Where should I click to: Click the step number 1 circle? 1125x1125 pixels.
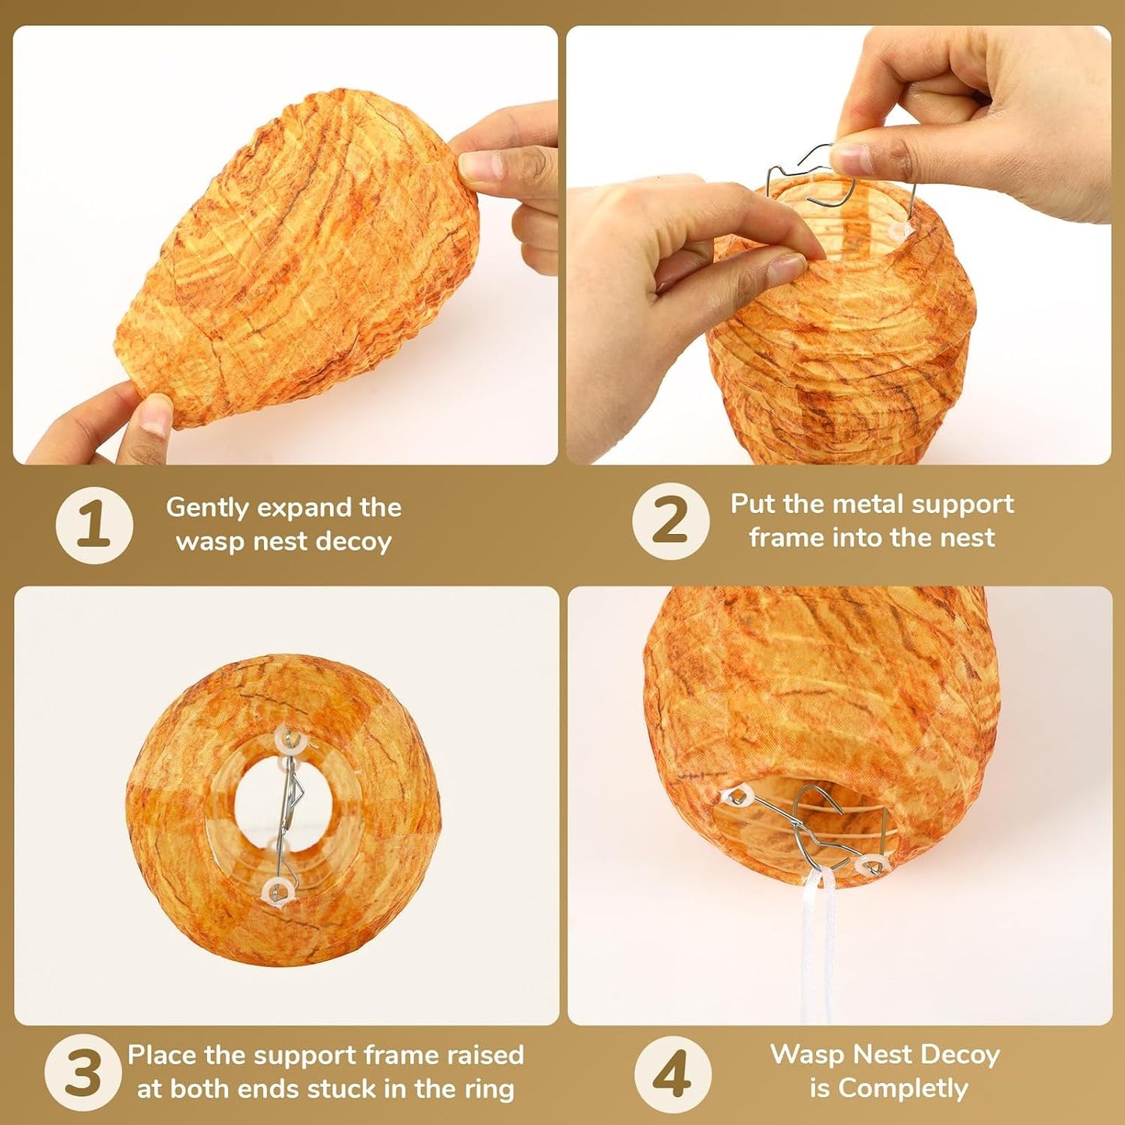[x=94, y=525]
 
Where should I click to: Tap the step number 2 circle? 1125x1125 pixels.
[x=671, y=522]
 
